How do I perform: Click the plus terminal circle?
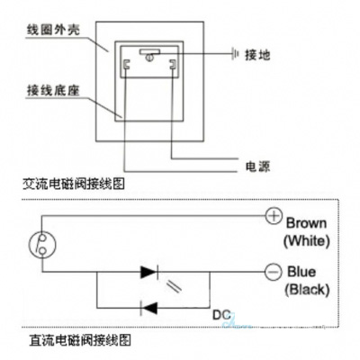pyautogui.click(x=274, y=215)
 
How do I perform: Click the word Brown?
pyautogui.click(x=307, y=221)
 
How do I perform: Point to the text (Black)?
pyautogui.click(x=307, y=290)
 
